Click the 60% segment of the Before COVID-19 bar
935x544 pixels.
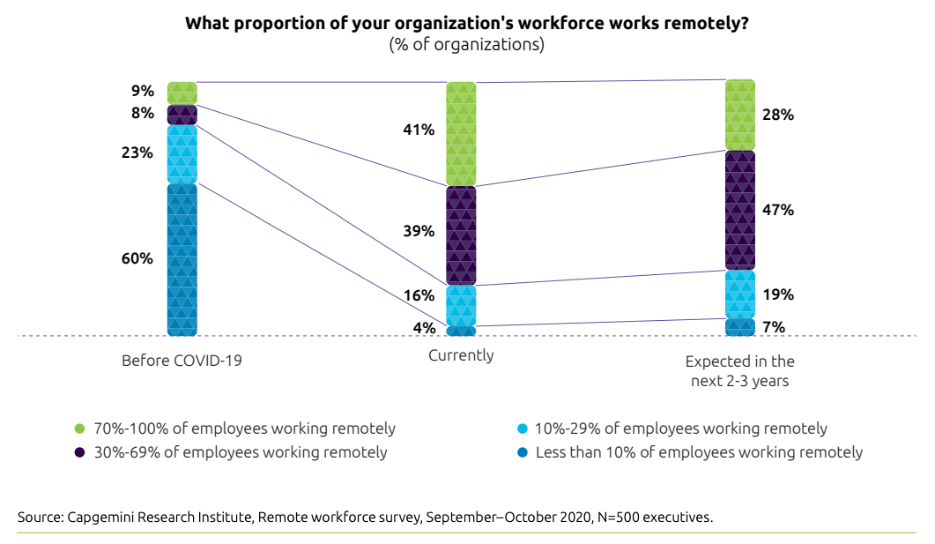pyautogui.click(x=182, y=259)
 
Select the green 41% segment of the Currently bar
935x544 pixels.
pyautogui.click(x=461, y=134)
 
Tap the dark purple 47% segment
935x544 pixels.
pyautogui.click(x=739, y=210)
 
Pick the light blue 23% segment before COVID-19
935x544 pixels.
pyautogui.click(x=182, y=153)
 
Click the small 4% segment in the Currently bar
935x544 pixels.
pyautogui.click(x=461, y=331)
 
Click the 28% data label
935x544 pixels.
pyautogui.click(x=779, y=115)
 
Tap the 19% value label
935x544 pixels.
pyautogui.click(x=779, y=294)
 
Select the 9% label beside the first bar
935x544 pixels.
pyautogui.click(x=143, y=91)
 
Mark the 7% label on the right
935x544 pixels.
pyautogui.click(x=774, y=327)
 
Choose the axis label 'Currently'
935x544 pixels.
pyautogui.click(x=461, y=355)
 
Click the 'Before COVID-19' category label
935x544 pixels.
pyautogui.click(x=182, y=361)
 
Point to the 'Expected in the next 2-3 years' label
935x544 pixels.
pyautogui.click(x=739, y=371)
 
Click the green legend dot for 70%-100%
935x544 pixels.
pyautogui.click(x=79, y=429)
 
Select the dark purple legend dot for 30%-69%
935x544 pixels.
pyautogui.click(x=79, y=452)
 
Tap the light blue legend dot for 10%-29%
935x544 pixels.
pyautogui.click(x=523, y=429)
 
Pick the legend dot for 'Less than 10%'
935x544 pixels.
pyautogui.click(x=523, y=452)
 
